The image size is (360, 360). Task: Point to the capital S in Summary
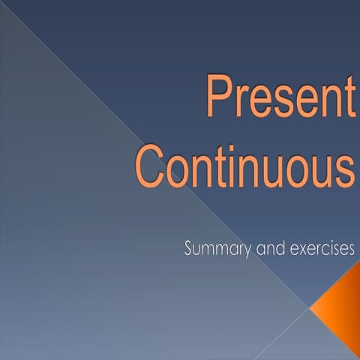189,249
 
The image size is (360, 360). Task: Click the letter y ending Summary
248,252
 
